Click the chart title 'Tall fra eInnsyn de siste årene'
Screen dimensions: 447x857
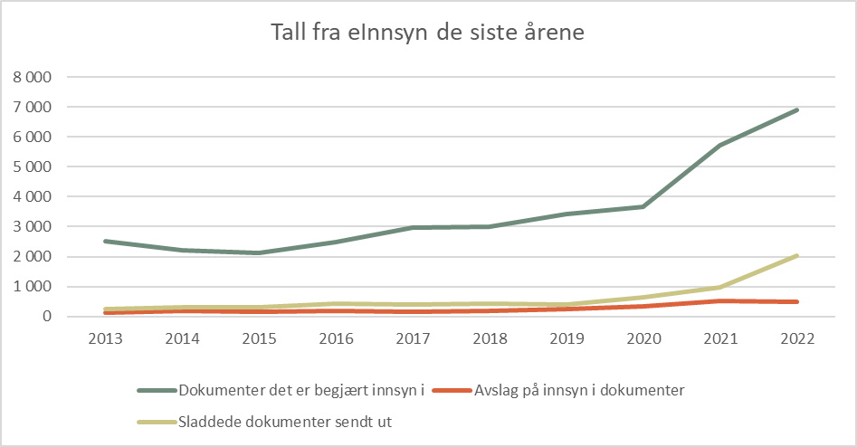tap(428, 33)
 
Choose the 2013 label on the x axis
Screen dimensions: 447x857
tap(105, 339)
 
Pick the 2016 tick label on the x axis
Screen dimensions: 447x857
tap(336, 339)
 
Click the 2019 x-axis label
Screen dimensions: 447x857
tap(567, 339)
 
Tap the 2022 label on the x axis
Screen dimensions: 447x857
tap(797, 339)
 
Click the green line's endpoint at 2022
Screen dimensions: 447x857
tap(797, 110)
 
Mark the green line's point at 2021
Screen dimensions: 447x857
tap(720, 146)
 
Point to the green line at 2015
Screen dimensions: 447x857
tap(259, 253)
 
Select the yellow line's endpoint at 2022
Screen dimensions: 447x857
tap(797, 256)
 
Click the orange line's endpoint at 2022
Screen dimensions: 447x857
tap(797, 302)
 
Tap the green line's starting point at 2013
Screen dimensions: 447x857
tap(105, 241)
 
